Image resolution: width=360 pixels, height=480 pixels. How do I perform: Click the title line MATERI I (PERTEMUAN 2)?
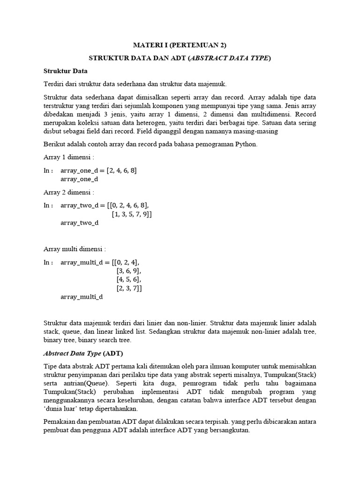[x=180, y=45]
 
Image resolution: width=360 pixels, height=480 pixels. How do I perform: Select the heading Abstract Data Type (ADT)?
[x=83, y=353]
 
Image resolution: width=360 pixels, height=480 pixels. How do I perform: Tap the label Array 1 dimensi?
[x=69, y=157]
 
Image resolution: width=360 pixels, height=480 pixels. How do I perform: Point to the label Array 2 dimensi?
[x=69, y=192]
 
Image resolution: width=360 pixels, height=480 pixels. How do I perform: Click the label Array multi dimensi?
[x=75, y=248]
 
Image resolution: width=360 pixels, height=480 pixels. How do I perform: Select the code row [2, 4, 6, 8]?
[x=121, y=170]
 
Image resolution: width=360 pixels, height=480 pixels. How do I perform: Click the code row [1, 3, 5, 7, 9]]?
[x=132, y=214]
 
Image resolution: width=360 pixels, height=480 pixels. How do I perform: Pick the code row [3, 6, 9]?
[x=128, y=271]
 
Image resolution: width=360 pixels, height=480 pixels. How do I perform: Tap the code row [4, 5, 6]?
[x=128, y=280]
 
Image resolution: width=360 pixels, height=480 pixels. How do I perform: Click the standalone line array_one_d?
[x=79, y=179]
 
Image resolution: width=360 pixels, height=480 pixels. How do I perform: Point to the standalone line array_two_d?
[x=80, y=223]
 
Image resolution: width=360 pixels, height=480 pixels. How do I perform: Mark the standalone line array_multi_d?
[x=82, y=297]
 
